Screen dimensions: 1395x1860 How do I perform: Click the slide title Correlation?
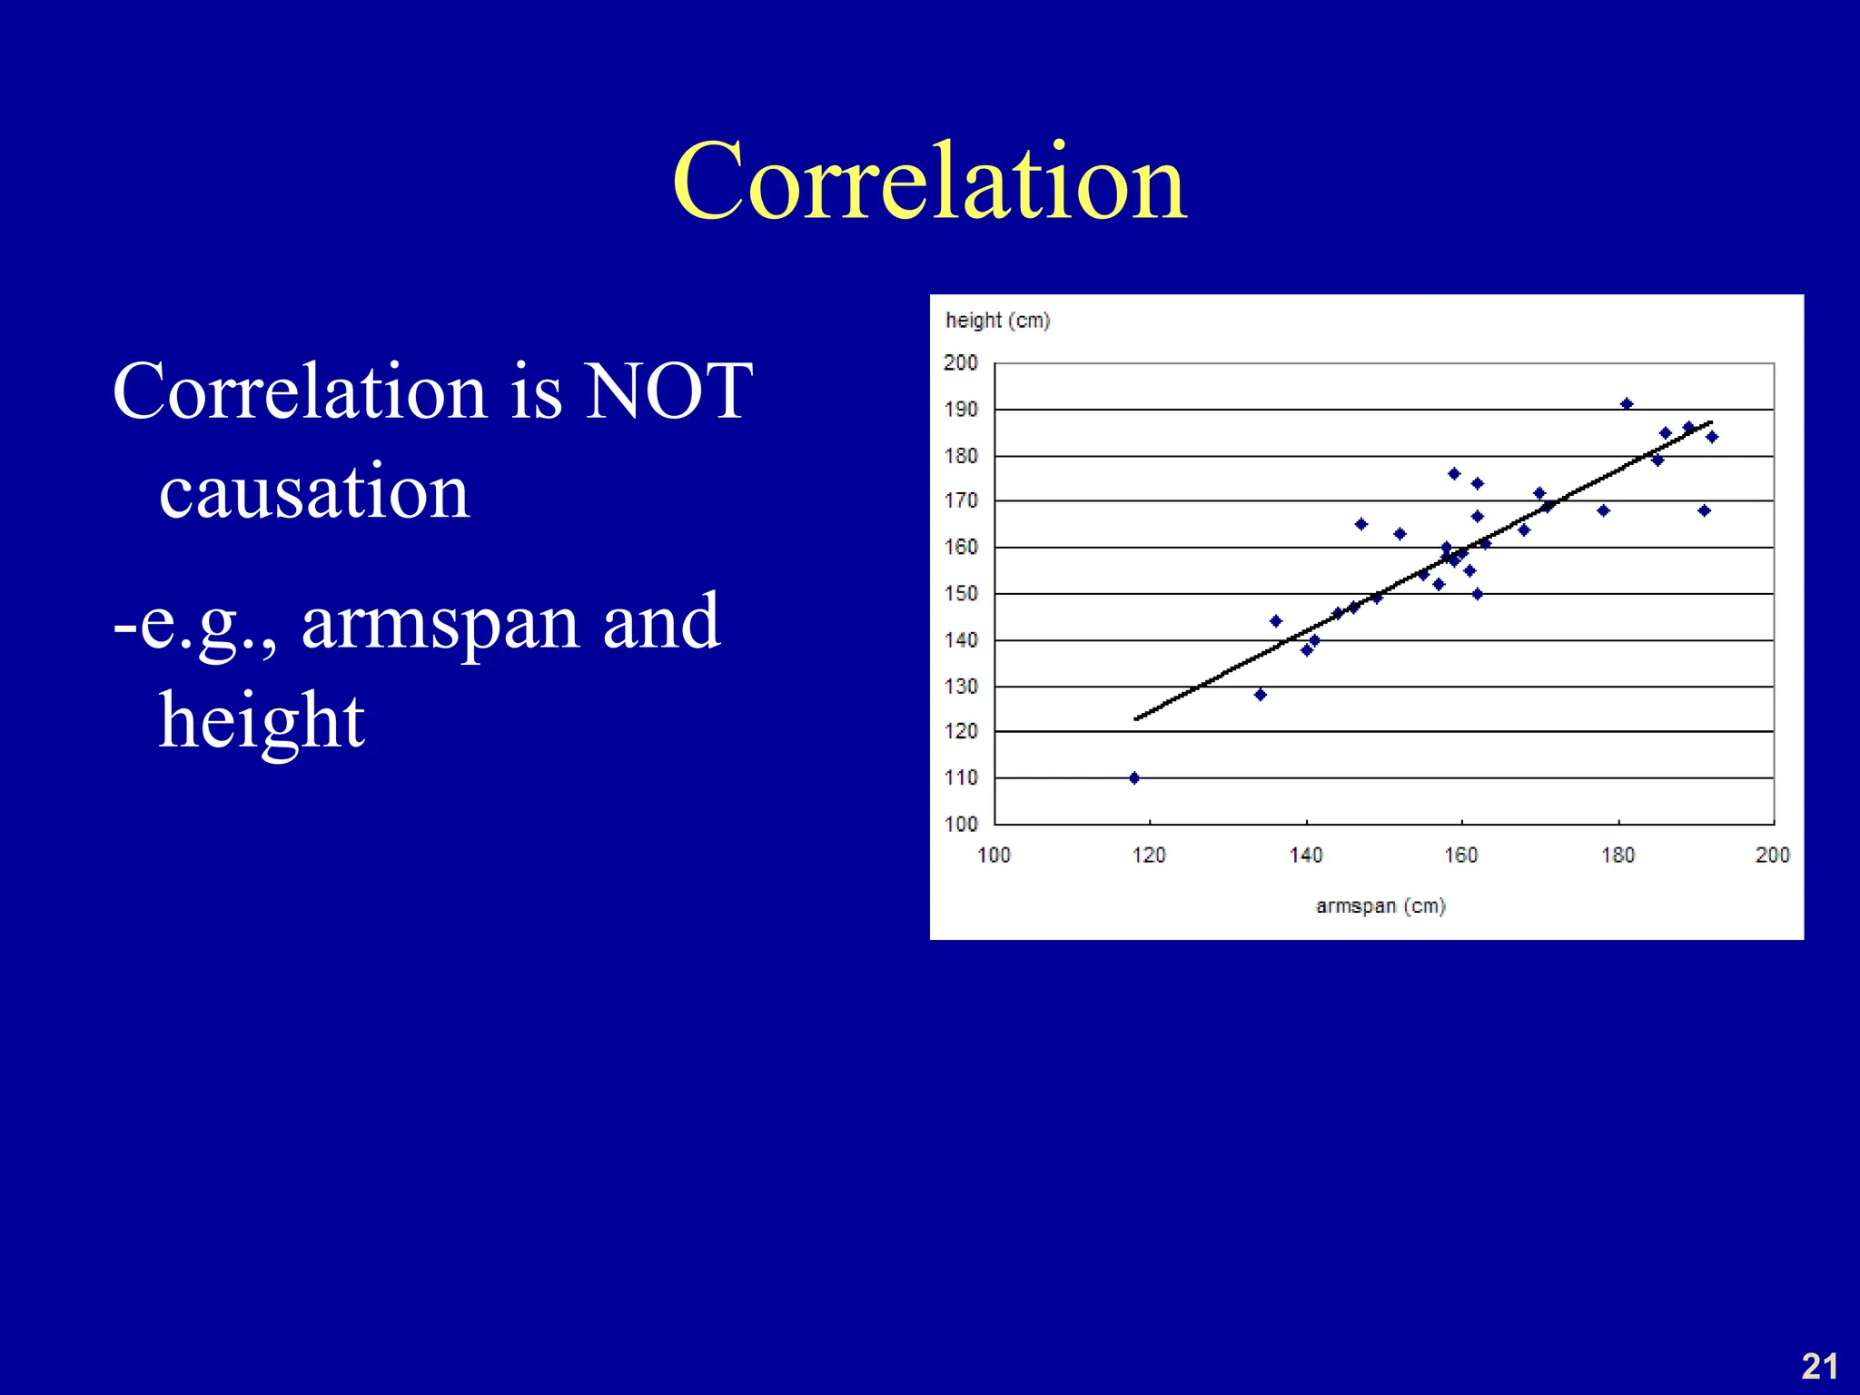(929, 182)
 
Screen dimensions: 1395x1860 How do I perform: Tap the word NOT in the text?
(668, 392)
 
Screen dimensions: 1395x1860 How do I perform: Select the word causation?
(314, 491)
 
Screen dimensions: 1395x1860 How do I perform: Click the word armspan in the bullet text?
(440, 622)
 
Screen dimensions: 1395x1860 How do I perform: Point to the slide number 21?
(1819, 1366)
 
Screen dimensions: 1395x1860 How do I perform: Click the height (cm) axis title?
(997, 321)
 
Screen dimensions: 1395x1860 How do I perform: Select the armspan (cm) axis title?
(1380, 905)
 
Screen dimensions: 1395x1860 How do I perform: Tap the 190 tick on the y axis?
(961, 410)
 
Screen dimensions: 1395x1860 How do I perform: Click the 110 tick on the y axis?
(961, 778)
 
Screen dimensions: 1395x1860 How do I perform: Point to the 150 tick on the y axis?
(961, 594)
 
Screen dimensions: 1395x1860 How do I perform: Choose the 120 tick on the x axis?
(1149, 855)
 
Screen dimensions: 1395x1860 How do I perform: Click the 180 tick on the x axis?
(1618, 855)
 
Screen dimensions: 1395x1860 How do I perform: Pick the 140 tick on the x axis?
(1306, 855)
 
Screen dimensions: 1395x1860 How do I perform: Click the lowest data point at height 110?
(1134, 778)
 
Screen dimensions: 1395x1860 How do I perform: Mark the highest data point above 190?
(1627, 404)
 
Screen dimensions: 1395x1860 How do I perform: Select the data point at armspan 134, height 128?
(1260, 695)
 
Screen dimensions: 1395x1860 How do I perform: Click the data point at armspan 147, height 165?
(1360, 524)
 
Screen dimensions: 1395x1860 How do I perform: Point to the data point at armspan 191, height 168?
(1704, 510)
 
